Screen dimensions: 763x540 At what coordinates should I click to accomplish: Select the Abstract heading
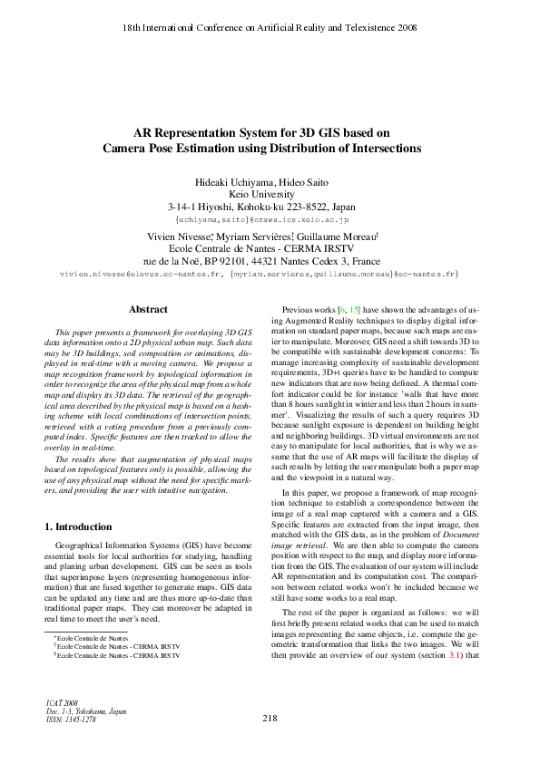148,310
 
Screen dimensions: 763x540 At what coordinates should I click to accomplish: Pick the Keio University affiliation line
269,194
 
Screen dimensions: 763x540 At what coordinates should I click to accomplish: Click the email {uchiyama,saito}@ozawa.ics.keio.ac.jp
269,220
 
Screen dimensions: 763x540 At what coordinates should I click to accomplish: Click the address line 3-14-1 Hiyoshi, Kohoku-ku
269,207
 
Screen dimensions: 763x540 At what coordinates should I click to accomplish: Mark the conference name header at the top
269,28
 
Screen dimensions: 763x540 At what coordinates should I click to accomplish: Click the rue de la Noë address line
269,259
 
